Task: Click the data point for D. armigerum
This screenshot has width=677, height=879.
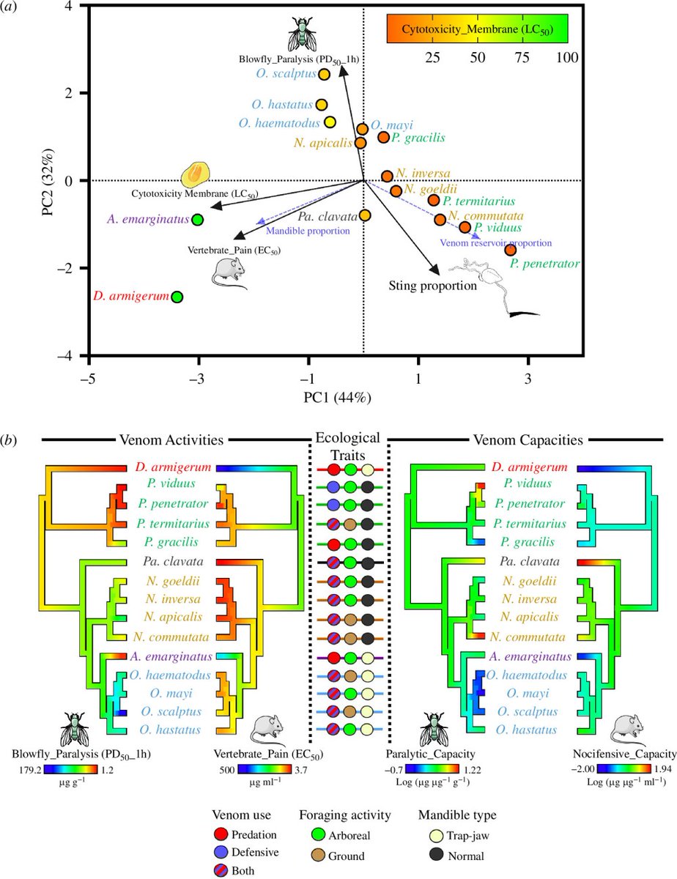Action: point(177,297)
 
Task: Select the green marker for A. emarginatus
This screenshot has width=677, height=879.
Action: point(197,219)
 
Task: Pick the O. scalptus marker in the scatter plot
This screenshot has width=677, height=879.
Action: point(325,74)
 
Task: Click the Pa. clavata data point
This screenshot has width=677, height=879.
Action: point(365,215)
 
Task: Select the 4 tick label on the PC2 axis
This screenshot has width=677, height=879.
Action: point(67,6)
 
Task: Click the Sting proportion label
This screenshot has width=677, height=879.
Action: point(433,286)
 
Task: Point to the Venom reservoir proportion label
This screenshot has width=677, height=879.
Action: point(495,242)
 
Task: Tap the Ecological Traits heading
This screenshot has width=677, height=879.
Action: point(347,445)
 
